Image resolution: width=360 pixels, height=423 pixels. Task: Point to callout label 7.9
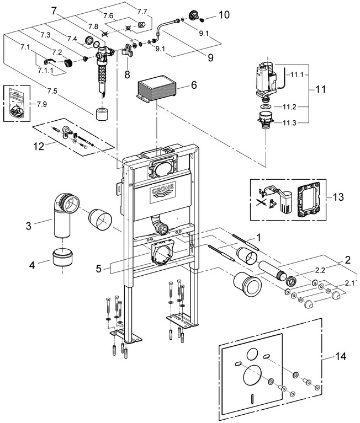click(42, 104)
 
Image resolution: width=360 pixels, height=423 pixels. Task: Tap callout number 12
click(37, 147)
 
